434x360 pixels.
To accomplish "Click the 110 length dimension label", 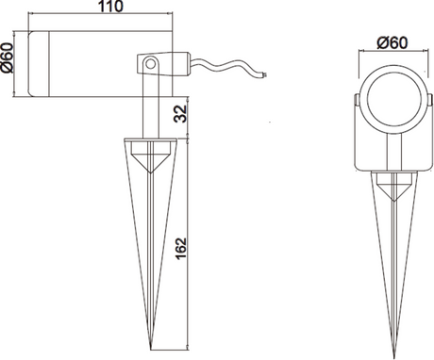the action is pos(111,7).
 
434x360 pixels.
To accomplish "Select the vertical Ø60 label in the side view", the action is pos(7,57).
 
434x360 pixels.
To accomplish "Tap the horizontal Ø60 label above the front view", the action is pos(392,43).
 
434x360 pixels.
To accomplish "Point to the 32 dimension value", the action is pos(181,114).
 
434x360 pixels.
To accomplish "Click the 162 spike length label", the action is pos(181,249).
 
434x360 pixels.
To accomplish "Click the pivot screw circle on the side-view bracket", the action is pos(151,64).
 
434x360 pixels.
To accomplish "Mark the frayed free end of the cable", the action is pos(265,74).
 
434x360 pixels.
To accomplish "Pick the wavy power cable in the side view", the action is pos(228,67).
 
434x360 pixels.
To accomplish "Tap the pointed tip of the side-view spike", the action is pos(151,349).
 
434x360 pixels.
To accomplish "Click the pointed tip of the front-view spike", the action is pos(393,358).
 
